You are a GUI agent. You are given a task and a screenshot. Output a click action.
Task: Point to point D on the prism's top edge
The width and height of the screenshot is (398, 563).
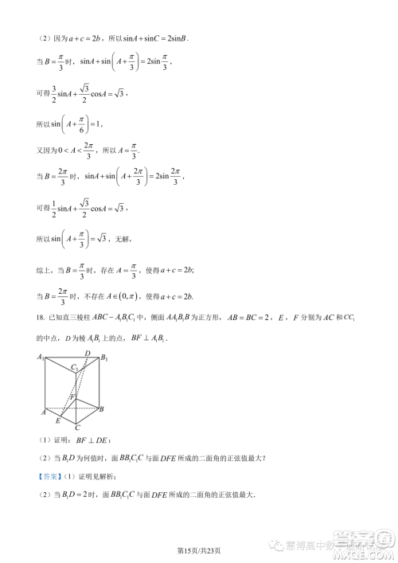[x=88, y=354]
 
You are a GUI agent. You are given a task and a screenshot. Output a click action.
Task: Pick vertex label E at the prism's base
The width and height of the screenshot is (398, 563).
[x=58, y=420]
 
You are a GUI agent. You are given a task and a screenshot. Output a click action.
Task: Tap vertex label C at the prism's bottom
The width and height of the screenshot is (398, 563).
[x=78, y=428]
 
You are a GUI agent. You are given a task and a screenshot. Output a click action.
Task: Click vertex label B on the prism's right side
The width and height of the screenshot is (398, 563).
[x=102, y=409]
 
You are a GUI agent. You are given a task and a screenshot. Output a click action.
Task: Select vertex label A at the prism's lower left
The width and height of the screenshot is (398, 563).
[x=42, y=412]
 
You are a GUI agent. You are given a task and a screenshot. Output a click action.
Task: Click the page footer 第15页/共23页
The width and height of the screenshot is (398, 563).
[x=198, y=549]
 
